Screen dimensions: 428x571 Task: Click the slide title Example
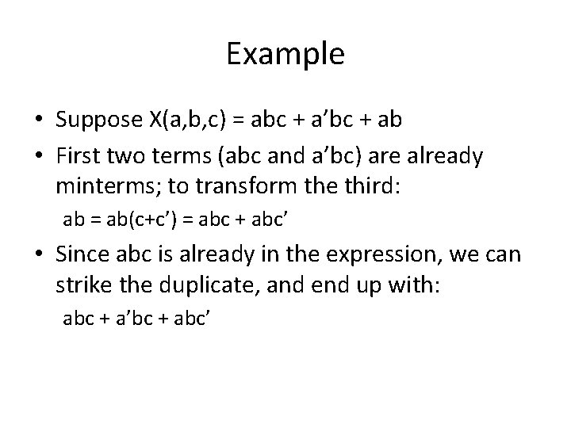(x=285, y=55)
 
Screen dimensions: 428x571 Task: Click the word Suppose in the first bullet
(x=98, y=120)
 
